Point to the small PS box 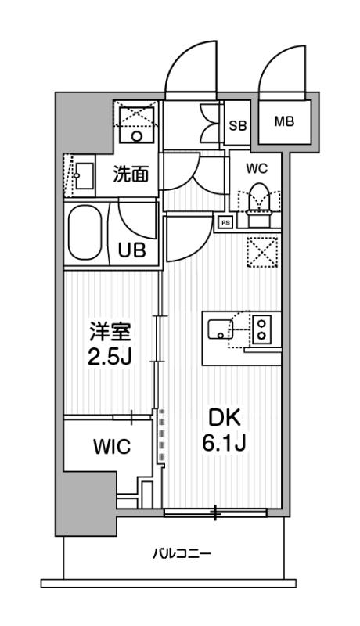tap(225, 221)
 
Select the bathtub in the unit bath tap(87, 234)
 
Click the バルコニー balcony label tap(181, 554)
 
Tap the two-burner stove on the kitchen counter tap(261, 327)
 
